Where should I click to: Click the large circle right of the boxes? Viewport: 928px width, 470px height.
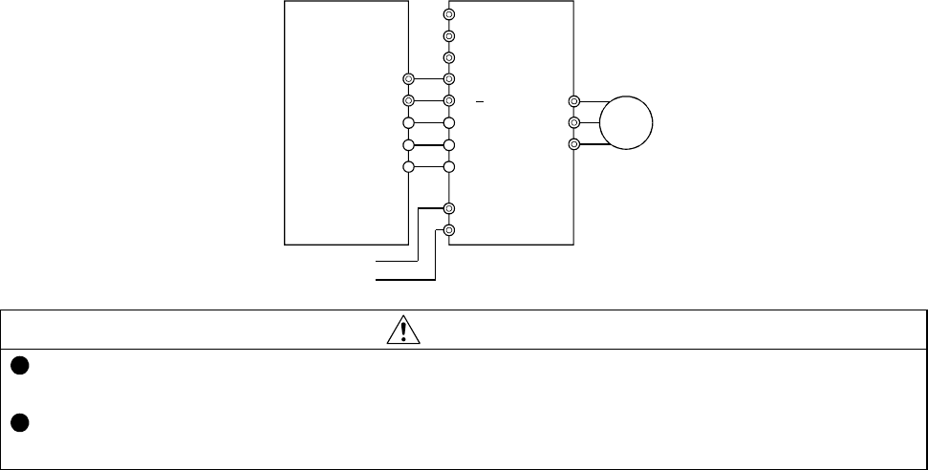(626, 123)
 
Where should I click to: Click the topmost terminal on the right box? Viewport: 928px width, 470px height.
(449, 15)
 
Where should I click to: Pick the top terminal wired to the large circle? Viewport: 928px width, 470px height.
(573, 101)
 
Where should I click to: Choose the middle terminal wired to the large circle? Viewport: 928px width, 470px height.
(573, 122)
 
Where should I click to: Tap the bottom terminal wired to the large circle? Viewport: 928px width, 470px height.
(573, 144)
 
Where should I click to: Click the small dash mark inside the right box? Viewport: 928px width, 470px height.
(484, 100)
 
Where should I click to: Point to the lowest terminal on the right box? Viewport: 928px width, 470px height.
(449, 230)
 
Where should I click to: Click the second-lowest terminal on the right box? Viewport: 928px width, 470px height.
(449, 208)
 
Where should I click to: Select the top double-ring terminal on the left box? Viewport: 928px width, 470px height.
(408, 79)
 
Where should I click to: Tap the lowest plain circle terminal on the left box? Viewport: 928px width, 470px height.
(408, 166)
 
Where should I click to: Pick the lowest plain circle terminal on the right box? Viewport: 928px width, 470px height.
(449, 166)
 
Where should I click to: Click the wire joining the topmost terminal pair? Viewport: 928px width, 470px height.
(429, 79)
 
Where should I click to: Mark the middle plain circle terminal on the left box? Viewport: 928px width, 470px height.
(408, 144)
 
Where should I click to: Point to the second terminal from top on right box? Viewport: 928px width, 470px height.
(449, 36)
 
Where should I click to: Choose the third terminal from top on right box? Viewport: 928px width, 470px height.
(449, 58)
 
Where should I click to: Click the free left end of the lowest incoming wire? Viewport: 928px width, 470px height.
(375, 281)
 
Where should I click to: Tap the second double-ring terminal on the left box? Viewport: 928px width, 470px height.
(408, 100)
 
